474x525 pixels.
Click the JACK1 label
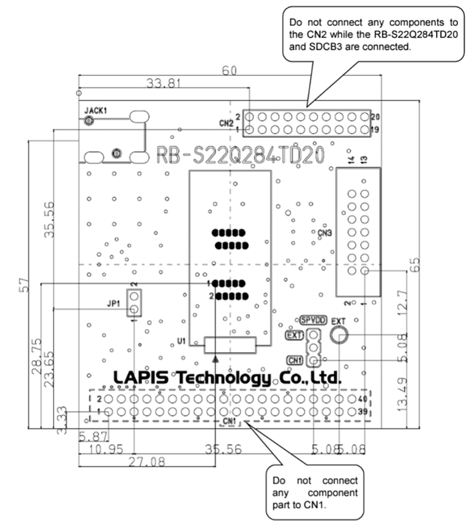[95, 110]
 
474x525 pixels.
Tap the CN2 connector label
[225, 123]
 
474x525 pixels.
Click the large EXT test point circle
[338, 335]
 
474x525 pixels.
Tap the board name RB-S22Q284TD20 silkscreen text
[240, 155]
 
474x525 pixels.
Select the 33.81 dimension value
[164, 84]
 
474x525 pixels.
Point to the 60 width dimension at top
[229, 71]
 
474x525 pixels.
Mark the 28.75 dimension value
[37, 355]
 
